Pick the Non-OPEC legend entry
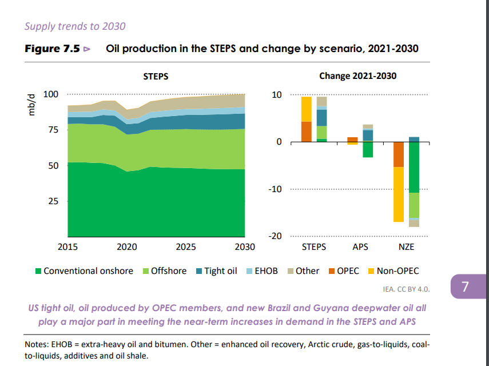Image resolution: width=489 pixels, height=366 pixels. [393, 271]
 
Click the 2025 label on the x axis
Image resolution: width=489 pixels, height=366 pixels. [186, 247]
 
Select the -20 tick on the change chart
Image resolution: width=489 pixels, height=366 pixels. [276, 236]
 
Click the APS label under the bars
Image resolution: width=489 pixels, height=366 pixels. [360, 247]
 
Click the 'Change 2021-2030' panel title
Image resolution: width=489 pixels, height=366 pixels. [357, 76]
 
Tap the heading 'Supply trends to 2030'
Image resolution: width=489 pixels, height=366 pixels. [75, 26]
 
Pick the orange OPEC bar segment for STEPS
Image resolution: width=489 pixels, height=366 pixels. [307, 132]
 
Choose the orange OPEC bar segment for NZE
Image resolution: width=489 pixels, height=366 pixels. [398, 154]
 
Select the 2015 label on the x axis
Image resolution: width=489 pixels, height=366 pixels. [67, 247]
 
